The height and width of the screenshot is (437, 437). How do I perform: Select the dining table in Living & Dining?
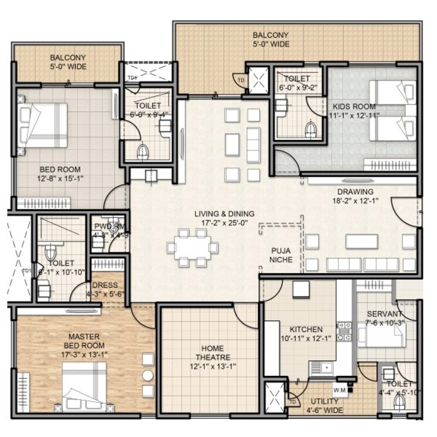[x=191, y=248]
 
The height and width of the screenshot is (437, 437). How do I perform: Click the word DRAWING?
[x=354, y=192]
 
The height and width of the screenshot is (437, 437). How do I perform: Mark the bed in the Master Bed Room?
[x=85, y=384]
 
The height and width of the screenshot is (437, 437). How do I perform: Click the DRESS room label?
[x=106, y=285]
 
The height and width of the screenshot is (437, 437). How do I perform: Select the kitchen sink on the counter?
[x=320, y=368]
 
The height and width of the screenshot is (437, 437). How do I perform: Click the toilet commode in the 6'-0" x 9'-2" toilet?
[x=311, y=128]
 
